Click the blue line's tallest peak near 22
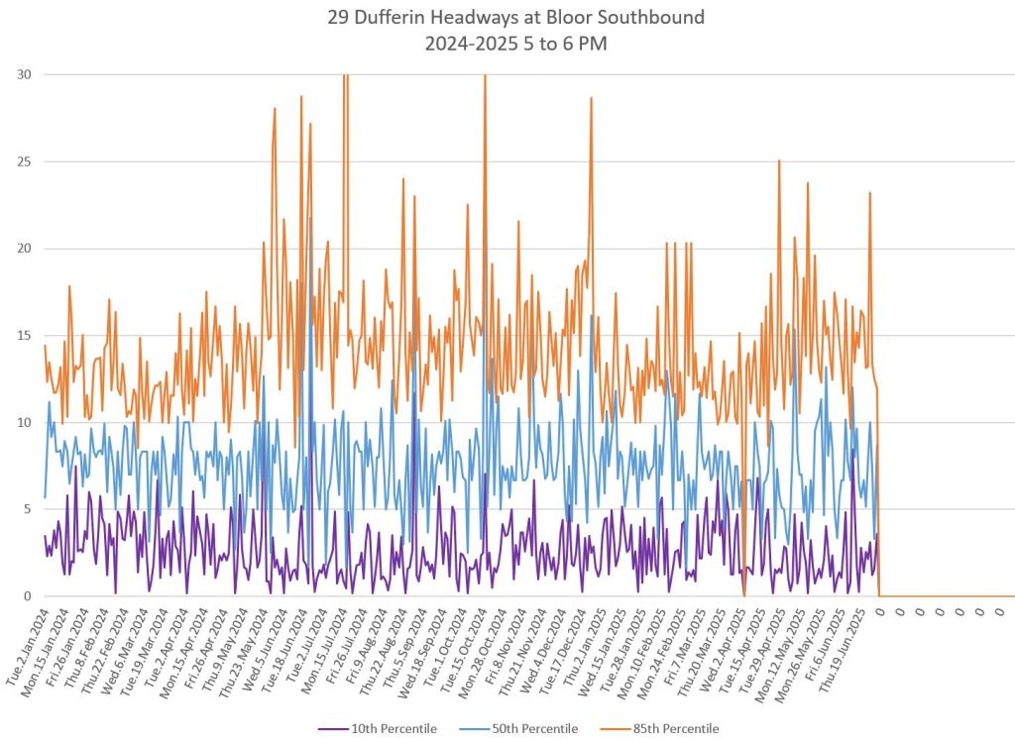point(309,218)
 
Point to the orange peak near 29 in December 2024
point(591,98)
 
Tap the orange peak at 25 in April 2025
point(779,160)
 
